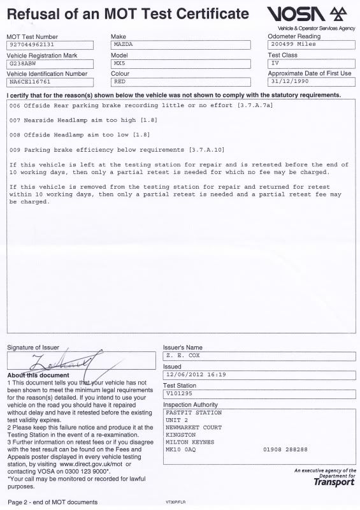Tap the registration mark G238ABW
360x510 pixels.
pos(23,64)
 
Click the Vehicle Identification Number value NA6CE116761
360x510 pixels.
pos(30,82)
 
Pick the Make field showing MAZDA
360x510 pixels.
pos(122,45)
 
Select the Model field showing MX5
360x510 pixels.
pos(119,64)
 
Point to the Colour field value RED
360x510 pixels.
pos(119,82)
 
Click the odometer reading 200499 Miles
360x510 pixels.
pos(292,45)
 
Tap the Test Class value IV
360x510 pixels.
pos(275,64)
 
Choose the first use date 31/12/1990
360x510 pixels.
pos(290,82)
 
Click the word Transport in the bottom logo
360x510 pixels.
pos(334,483)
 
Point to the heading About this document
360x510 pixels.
pos(34,375)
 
